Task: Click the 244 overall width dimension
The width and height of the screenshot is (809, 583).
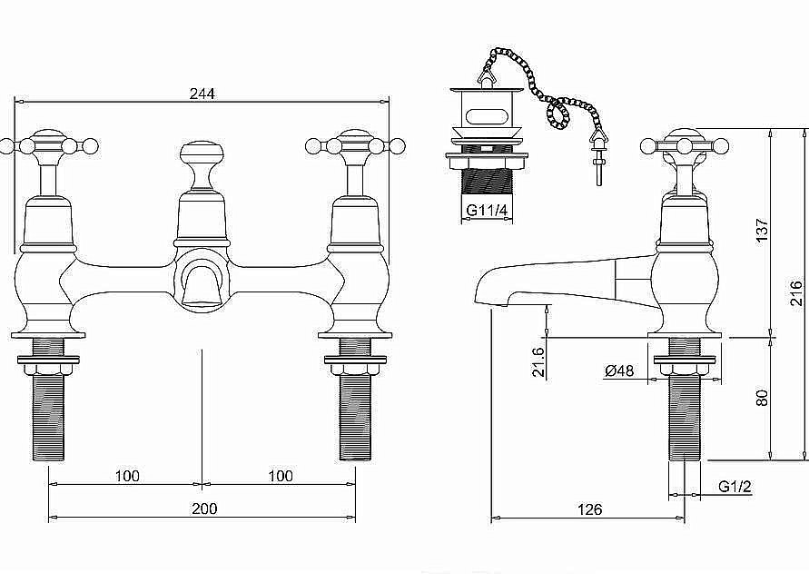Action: (x=202, y=92)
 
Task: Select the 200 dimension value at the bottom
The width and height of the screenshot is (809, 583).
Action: (x=205, y=509)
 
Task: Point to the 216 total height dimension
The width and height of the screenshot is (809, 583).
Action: (x=795, y=294)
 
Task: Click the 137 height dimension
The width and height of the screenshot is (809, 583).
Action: (x=763, y=232)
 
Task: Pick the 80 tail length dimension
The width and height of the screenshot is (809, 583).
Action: (x=763, y=398)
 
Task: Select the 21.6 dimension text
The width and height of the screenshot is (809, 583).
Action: (x=538, y=361)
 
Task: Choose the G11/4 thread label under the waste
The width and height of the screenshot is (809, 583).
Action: (x=487, y=211)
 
